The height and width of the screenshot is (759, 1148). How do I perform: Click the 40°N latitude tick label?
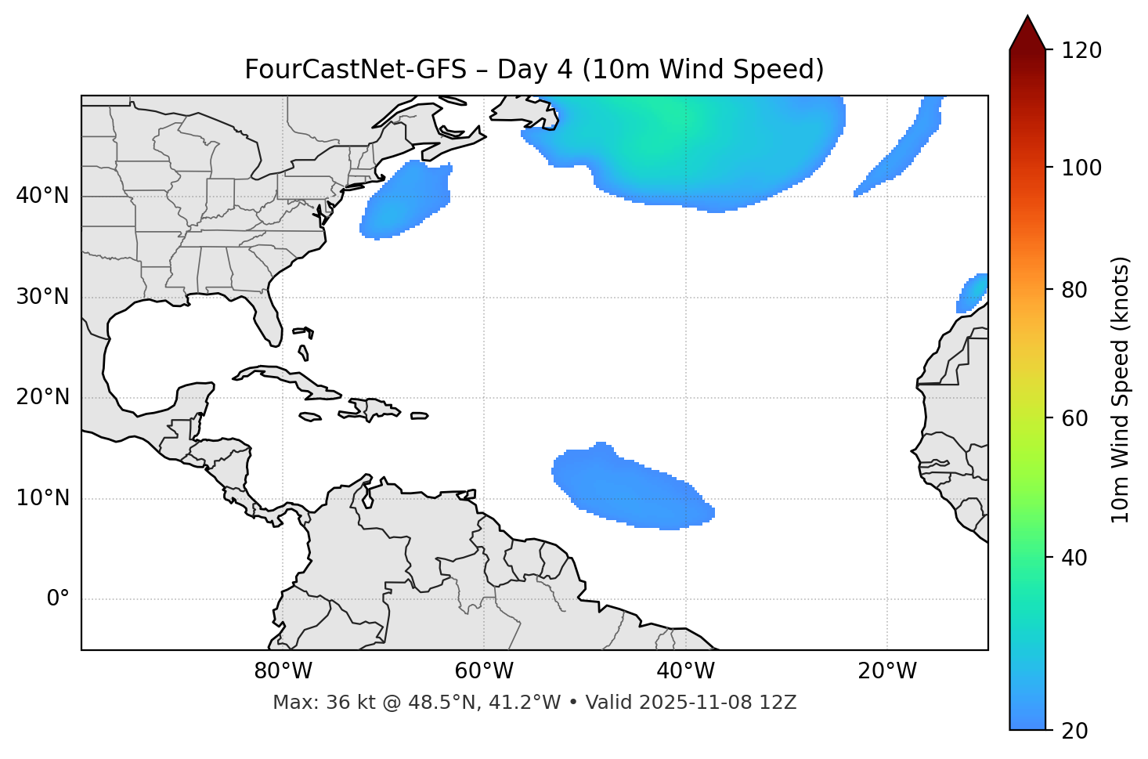[42, 196]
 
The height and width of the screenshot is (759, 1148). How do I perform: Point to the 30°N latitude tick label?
[42, 297]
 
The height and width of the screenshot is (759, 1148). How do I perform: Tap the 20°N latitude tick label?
[42, 397]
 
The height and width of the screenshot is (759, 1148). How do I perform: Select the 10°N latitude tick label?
[42, 498]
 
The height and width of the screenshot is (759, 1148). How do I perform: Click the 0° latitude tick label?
[58, 599]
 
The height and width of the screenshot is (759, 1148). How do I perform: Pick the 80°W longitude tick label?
[283, 671]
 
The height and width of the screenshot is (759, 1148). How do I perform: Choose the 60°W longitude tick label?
[484, 671]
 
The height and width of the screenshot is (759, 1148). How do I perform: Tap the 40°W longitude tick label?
[686, 671]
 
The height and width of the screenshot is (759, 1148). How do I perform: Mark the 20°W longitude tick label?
[887, 671]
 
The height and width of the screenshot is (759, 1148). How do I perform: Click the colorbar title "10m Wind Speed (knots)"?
[1121, 389]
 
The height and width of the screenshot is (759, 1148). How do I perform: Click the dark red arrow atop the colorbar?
[1027, 33]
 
